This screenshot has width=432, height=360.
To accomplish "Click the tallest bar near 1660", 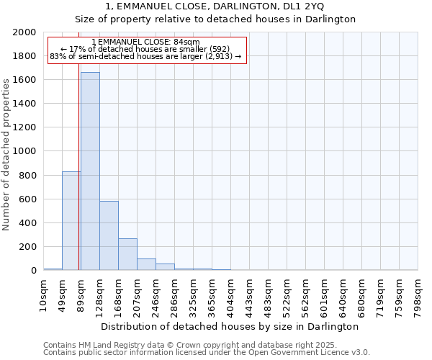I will pos(90,171).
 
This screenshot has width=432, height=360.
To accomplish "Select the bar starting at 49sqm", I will pos(71,220).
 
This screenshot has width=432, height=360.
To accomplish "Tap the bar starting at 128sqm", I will pos(109,235).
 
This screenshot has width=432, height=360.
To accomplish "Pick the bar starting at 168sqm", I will pos(127,254).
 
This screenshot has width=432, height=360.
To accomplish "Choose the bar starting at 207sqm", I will pos(146,264).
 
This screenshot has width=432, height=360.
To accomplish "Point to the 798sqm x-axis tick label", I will pos(418,292).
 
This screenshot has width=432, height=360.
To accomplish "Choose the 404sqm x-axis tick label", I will pos(231,292).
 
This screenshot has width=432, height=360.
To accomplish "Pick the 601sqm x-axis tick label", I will pos(325,292).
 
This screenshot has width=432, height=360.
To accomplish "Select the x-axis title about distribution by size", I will pos(230,326).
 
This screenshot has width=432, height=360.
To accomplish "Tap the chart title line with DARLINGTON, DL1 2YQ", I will pos(215,6).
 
